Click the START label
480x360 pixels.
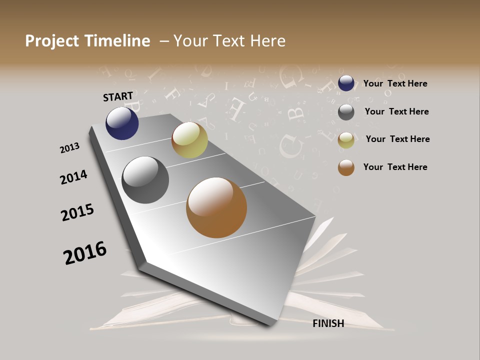[x=118, y=96]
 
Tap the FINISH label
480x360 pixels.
[x=328, y=323]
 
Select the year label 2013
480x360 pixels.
[x=69, y=148]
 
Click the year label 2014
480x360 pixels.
[x=73, y=177]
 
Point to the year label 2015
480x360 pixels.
[x=77, y=212]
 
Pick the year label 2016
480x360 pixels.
[x=85, y=252]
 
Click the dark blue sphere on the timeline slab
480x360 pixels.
[x=122, y=123]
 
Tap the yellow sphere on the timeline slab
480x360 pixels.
[x=189, y=140]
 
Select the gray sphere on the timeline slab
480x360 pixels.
[x=145, y=180]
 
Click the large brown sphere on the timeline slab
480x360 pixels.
[x=216, y=207]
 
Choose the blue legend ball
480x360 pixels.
[x=346, y=83]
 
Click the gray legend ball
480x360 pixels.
[x=346, y=112]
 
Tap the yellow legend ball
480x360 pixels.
[x=346, y=140]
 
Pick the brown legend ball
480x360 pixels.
[x=346, y=167]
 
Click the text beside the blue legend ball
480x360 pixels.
[x=395, y=83]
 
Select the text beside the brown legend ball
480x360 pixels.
[x=395, y=167]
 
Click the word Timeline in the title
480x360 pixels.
[x=117, y=41]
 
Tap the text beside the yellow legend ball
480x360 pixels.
[x=397, y=139]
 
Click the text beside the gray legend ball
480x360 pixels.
[x=396, y=111]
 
